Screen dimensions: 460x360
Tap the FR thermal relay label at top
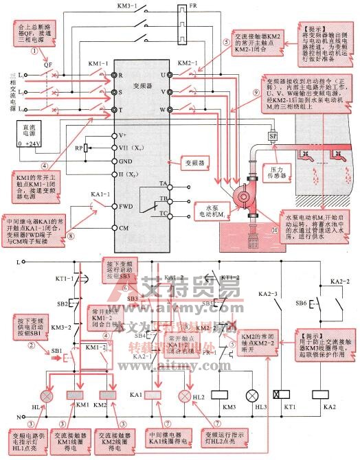click(181, 7)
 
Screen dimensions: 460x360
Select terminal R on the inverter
click(120, 73)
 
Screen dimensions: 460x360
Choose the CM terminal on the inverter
click(123, 227)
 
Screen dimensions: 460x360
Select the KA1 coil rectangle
click(154, 396)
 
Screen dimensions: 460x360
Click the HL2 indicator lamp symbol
click(183, 396)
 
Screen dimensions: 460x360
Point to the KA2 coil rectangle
click(319, 395)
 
